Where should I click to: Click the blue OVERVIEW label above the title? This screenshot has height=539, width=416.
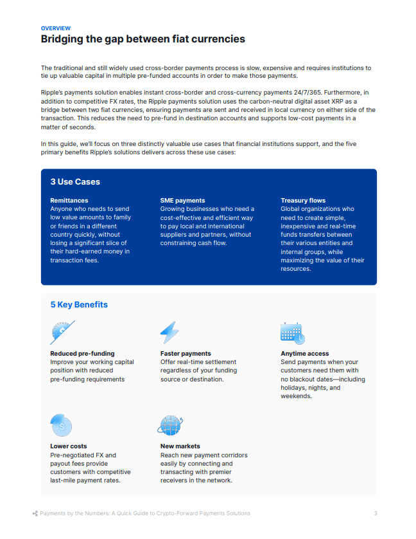point(56,28)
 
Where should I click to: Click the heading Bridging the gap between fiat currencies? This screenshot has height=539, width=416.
point(143,39)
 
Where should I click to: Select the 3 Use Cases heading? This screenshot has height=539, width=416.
point(76,182)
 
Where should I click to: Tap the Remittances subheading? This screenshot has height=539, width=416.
point(69,201)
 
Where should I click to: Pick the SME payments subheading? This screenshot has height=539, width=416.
point(183,201)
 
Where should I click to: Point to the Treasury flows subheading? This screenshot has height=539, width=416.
point(303,201)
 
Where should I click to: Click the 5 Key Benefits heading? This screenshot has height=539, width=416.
point(79,304)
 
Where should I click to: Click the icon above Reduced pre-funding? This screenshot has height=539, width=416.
point(62,333)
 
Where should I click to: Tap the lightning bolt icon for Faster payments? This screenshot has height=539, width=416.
point(169,333)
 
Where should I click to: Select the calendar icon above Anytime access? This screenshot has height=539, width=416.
point(293,333)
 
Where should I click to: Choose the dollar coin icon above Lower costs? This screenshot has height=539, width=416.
point(61,425)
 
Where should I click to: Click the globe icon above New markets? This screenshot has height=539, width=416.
point(171,425)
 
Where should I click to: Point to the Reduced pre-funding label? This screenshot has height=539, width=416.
point(82,354)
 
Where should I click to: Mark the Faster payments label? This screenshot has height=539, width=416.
point(186,354)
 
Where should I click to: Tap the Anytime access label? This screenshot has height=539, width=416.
point(305,354)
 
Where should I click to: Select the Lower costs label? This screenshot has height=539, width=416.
point(69,446)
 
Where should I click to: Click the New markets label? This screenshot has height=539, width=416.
point(180,446)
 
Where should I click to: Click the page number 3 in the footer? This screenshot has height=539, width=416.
point(376,513)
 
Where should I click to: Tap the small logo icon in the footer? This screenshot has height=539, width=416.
point(35,513)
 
